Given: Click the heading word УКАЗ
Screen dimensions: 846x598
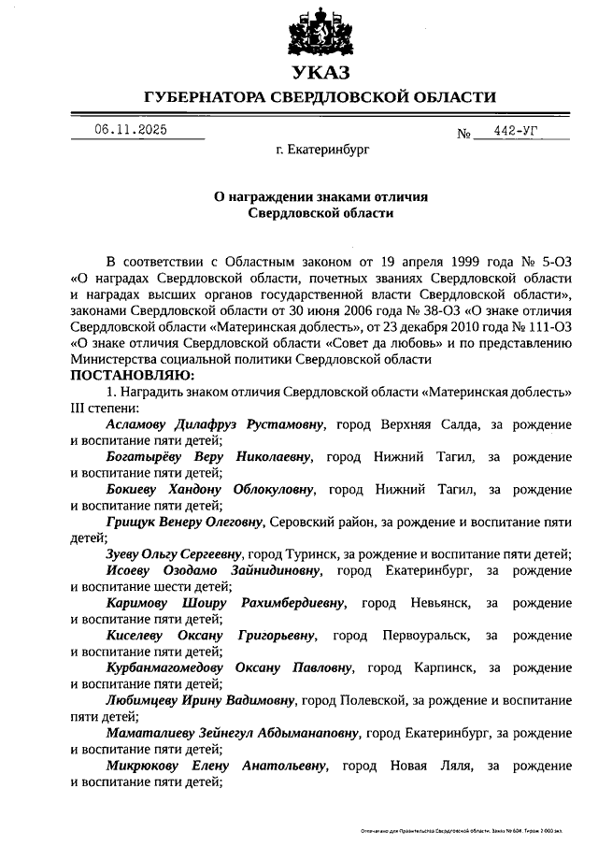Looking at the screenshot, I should (319, 73).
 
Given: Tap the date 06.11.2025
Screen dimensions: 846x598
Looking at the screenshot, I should (131, 130).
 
